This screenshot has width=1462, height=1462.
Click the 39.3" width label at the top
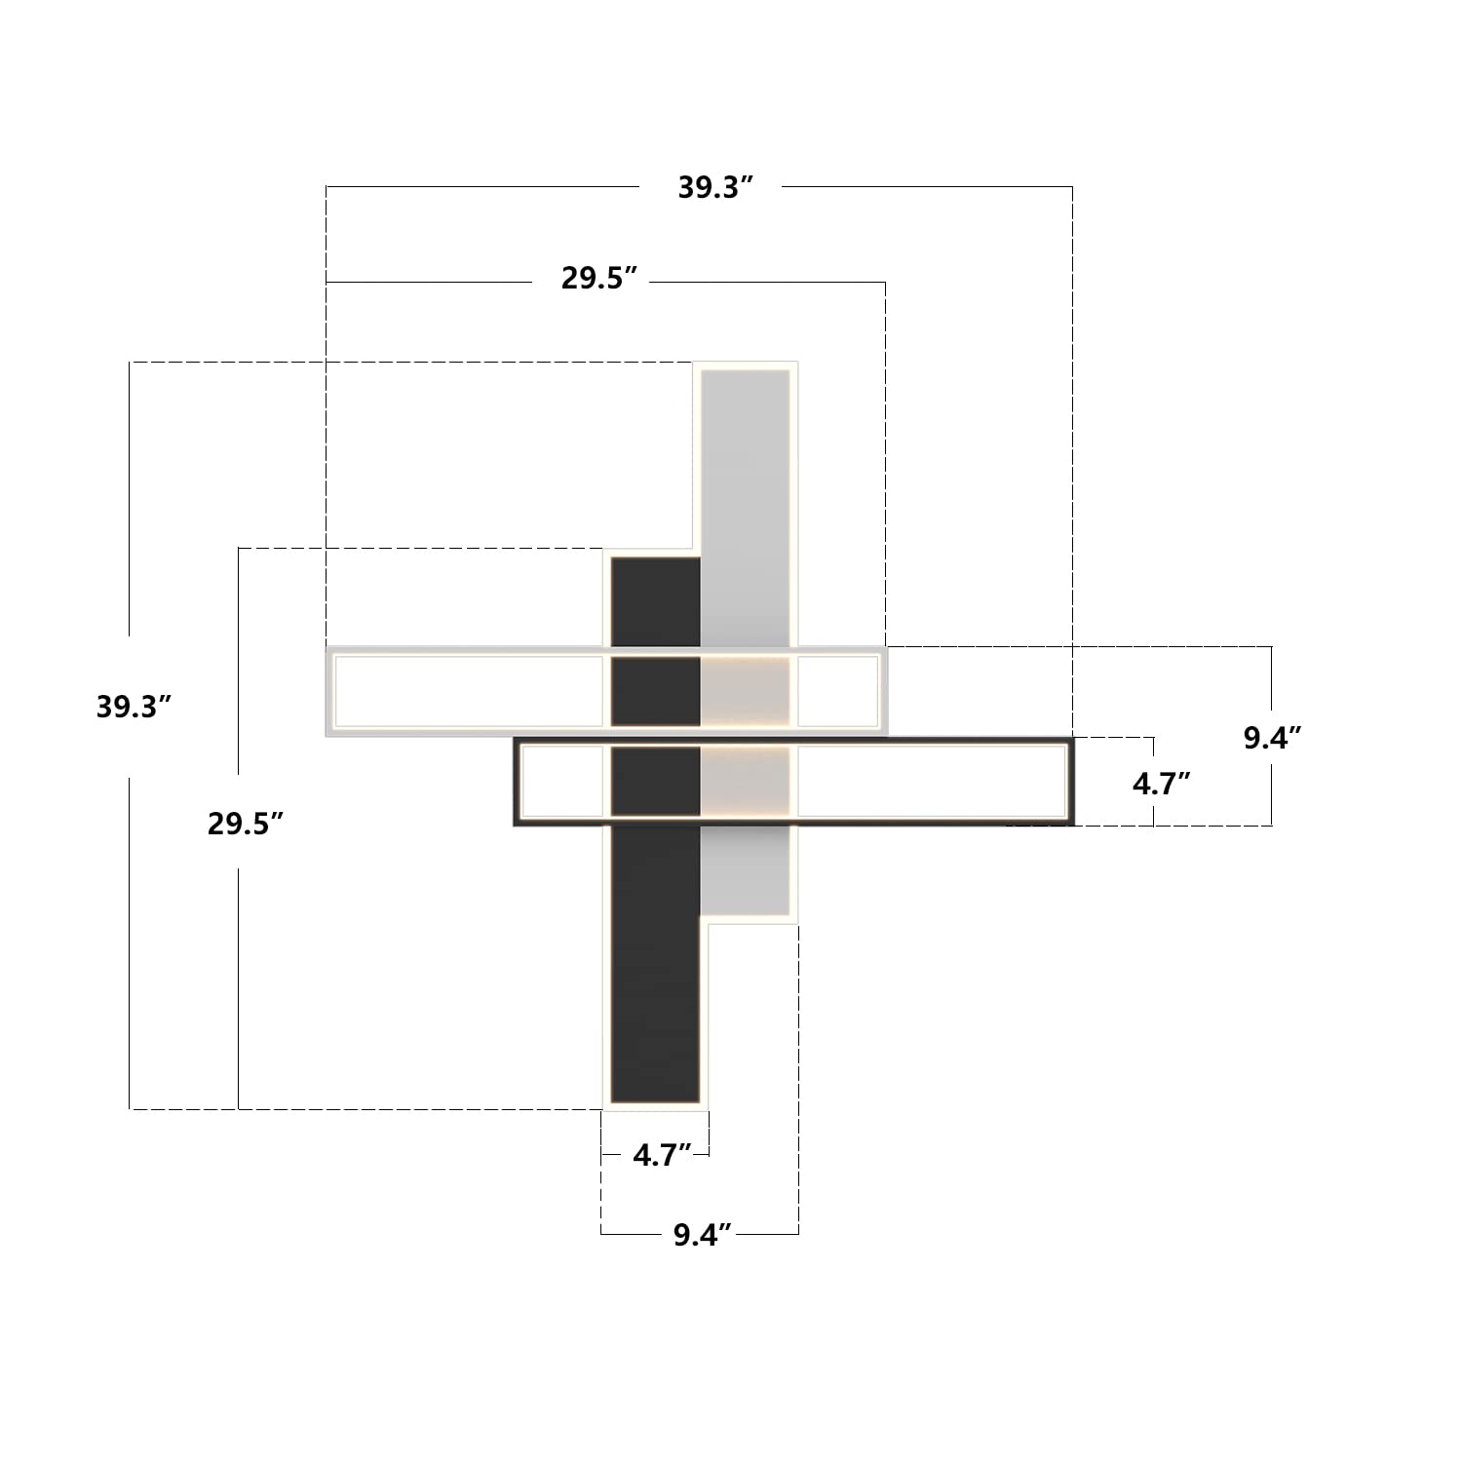[716, 187]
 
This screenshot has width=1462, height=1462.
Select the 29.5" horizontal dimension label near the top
[598, 278]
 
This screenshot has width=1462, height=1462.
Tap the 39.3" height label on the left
[134, 707]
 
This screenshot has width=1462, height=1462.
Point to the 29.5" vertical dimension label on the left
[245, 824]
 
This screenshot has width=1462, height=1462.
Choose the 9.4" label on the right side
[1272, 738]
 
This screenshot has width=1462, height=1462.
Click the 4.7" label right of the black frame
[1162, 784]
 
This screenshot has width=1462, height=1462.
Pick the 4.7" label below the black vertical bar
[662, 1155]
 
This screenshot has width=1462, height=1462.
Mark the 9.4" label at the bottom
[702, 1235]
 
